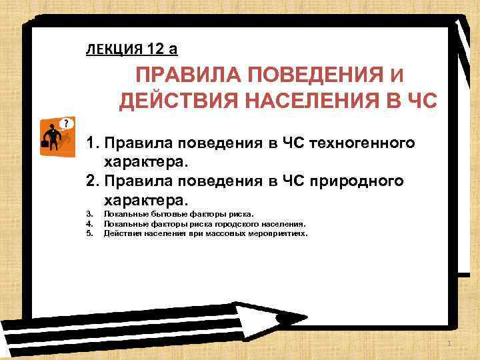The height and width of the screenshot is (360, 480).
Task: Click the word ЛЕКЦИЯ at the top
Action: pos(110,48)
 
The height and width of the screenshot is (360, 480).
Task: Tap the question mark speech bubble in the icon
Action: pos(65,123)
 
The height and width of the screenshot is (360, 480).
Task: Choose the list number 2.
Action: pos(92,181)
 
